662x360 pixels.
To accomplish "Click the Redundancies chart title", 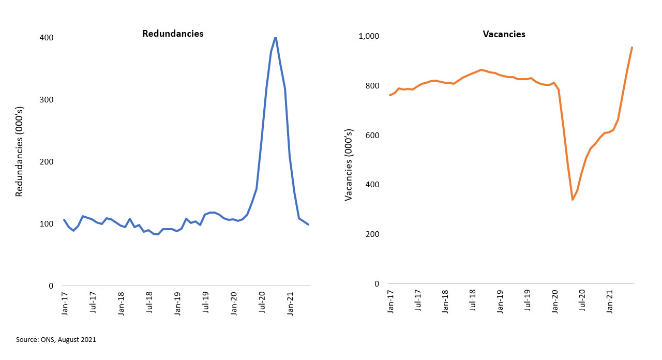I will (173, 34).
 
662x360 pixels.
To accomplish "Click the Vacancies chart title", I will (504, 34).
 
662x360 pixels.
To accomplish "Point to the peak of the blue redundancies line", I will (275, 38).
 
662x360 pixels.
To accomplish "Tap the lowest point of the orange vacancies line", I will (573, 200).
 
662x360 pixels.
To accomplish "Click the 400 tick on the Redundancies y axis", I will (46, 38).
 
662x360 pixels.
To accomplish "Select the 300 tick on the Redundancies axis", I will (46, 100).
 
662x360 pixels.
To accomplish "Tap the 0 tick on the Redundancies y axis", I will (51, 286).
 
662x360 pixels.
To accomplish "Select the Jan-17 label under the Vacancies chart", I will (391, 300).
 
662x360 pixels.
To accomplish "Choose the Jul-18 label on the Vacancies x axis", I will (473, 300).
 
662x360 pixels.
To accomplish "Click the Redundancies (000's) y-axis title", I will (20, 162).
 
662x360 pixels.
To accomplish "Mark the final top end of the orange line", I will (632, 48).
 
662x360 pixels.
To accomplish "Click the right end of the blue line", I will (309, 224).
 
